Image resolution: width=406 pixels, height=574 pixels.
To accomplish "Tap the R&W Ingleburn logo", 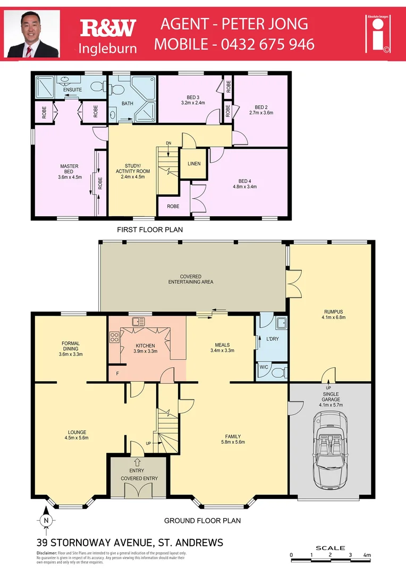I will [x=108, y=36].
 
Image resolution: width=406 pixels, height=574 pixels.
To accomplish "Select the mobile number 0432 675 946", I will [x=234, y=44].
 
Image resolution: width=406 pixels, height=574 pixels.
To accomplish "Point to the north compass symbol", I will [x=46, y=520].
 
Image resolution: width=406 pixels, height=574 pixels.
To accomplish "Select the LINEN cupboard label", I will [x=194, y=164].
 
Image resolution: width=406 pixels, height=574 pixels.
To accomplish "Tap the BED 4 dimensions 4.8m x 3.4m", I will [x=244, y=187].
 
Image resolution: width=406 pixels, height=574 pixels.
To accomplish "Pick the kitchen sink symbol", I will [x=140, y=320].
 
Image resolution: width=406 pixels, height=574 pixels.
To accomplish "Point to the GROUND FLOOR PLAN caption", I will [x=202, y=520].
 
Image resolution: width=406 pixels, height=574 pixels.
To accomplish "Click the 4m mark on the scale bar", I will [x=367, y=555].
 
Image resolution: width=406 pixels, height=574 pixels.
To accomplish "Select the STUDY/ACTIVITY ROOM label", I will [x=133, y=171].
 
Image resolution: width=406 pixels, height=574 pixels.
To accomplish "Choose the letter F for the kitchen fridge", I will [x=117, y=374].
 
